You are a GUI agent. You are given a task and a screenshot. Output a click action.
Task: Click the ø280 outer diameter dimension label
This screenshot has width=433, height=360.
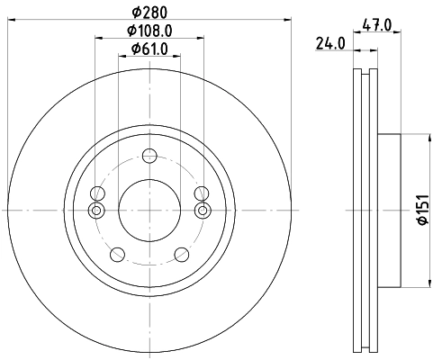pos(149,12)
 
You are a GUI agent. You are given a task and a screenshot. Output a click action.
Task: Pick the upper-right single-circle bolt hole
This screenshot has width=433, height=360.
pos(201,193)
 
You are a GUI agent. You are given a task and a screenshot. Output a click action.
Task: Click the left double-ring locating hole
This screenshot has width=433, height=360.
pos(96,211)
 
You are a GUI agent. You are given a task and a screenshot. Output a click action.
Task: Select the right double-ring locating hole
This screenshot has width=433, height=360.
pos(201,211)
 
